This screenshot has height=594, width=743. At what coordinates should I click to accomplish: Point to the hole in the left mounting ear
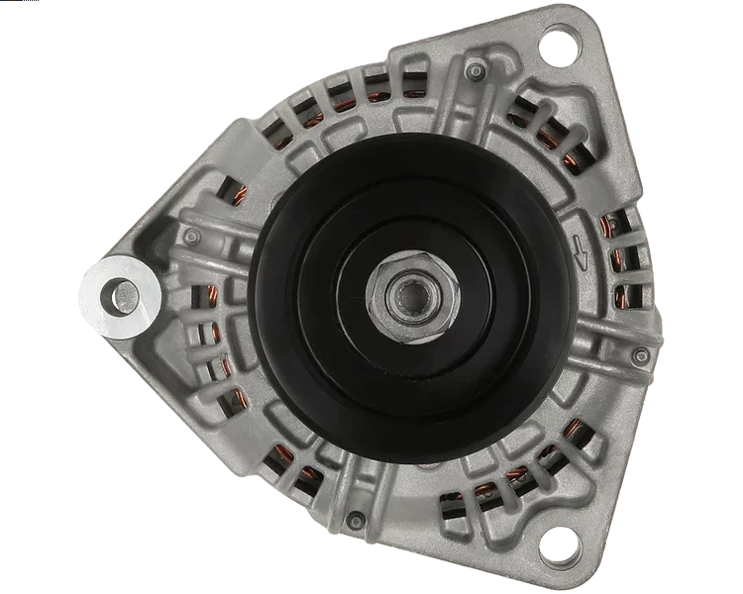click(123, 293)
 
